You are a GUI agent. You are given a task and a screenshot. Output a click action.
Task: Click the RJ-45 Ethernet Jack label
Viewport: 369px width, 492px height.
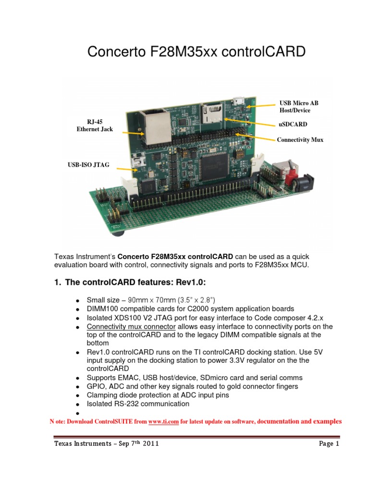(94, 125)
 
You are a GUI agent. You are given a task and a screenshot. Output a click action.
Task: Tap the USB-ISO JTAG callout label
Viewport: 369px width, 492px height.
(88, 165)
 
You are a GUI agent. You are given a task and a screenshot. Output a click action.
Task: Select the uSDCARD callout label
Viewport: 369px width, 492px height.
(293, 124)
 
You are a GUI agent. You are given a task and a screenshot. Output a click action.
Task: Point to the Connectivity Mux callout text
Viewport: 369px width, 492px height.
(300, 140)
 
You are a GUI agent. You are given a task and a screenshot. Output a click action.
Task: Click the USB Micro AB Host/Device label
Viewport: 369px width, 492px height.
(298, 107)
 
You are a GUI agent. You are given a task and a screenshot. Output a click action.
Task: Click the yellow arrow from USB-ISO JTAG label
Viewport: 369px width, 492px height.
(125, 169)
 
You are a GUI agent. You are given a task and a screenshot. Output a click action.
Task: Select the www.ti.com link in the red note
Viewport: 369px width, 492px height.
(163, 422)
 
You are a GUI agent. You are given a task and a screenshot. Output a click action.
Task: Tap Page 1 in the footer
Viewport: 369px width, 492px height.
(329, 444)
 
